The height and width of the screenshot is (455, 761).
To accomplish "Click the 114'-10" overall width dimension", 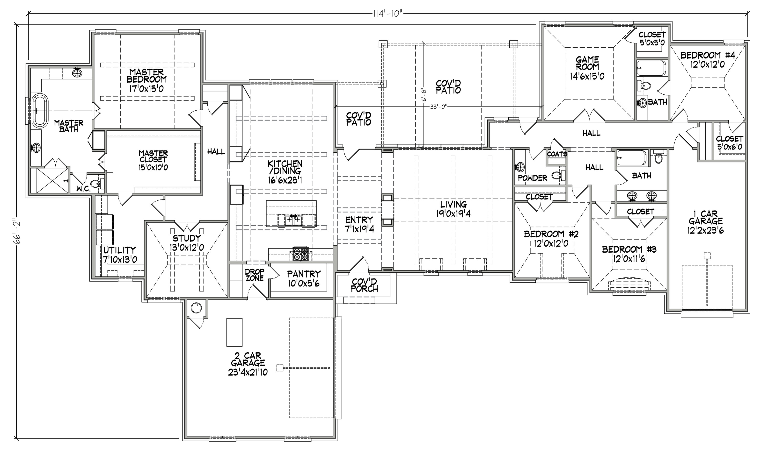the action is [x=387, y=14].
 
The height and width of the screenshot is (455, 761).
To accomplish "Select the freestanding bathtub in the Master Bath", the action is [x=40, y=110].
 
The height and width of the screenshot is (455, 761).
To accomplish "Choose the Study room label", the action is [x=187, y=243].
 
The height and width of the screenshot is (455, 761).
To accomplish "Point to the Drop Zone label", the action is [x=254, y=275].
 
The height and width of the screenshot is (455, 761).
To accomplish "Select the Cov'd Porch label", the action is [x=365, y=285].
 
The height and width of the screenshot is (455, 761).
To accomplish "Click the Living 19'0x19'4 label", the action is [x=454, y=209].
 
